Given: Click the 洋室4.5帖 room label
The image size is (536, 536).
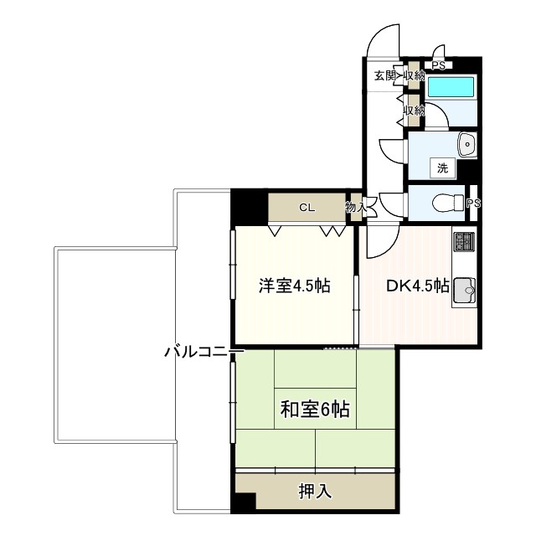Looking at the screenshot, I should pyautogui.click(x=293, y=286).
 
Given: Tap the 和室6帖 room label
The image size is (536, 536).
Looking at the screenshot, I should pyautogui.click(x=314, y=410).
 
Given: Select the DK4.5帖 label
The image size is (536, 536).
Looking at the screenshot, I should pyautogui.click(x=417, y=286).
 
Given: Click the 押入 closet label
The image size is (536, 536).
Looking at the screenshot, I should pyautogui.click(x=314, y=491).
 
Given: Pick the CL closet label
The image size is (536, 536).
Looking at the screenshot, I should pyautogui.click(x=307, y=208).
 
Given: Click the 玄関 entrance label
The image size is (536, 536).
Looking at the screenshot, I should pyautogui.click(x=384, y=75).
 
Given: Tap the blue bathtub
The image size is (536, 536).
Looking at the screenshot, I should pyautogui.click(x=451, y=88).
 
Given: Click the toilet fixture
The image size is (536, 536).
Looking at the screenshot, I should pyautogui.click(x=443, y=202).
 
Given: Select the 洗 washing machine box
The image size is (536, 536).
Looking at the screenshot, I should pyautogui.click(x=441, y=167).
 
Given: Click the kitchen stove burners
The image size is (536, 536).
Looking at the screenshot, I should pyautogui.click(x=464, y=242).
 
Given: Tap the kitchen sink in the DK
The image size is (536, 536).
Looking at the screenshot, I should pyautogui.click(x=465, y=291).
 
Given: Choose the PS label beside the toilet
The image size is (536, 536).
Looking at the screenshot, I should pyautogui.click(x=473, y=204).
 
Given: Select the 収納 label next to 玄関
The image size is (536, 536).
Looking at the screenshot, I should pyautogui.click(x=414, y=75).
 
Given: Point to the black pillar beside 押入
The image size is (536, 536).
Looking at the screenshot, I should pyautogui.click(x=243, y=502).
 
